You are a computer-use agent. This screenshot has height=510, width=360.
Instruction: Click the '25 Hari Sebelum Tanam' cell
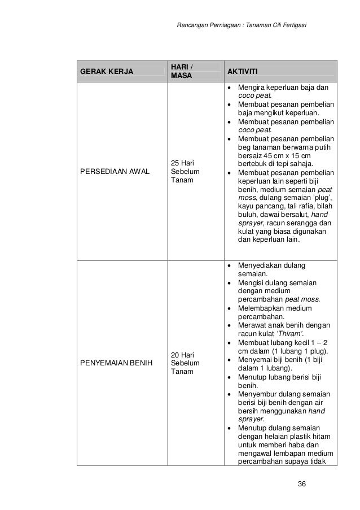coord(184,172)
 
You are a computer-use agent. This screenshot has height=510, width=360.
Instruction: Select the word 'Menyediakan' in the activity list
coord(261,265)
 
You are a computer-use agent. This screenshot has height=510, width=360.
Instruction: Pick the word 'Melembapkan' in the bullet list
coord(261,308)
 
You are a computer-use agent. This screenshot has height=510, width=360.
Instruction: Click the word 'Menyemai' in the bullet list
coord(254,359)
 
